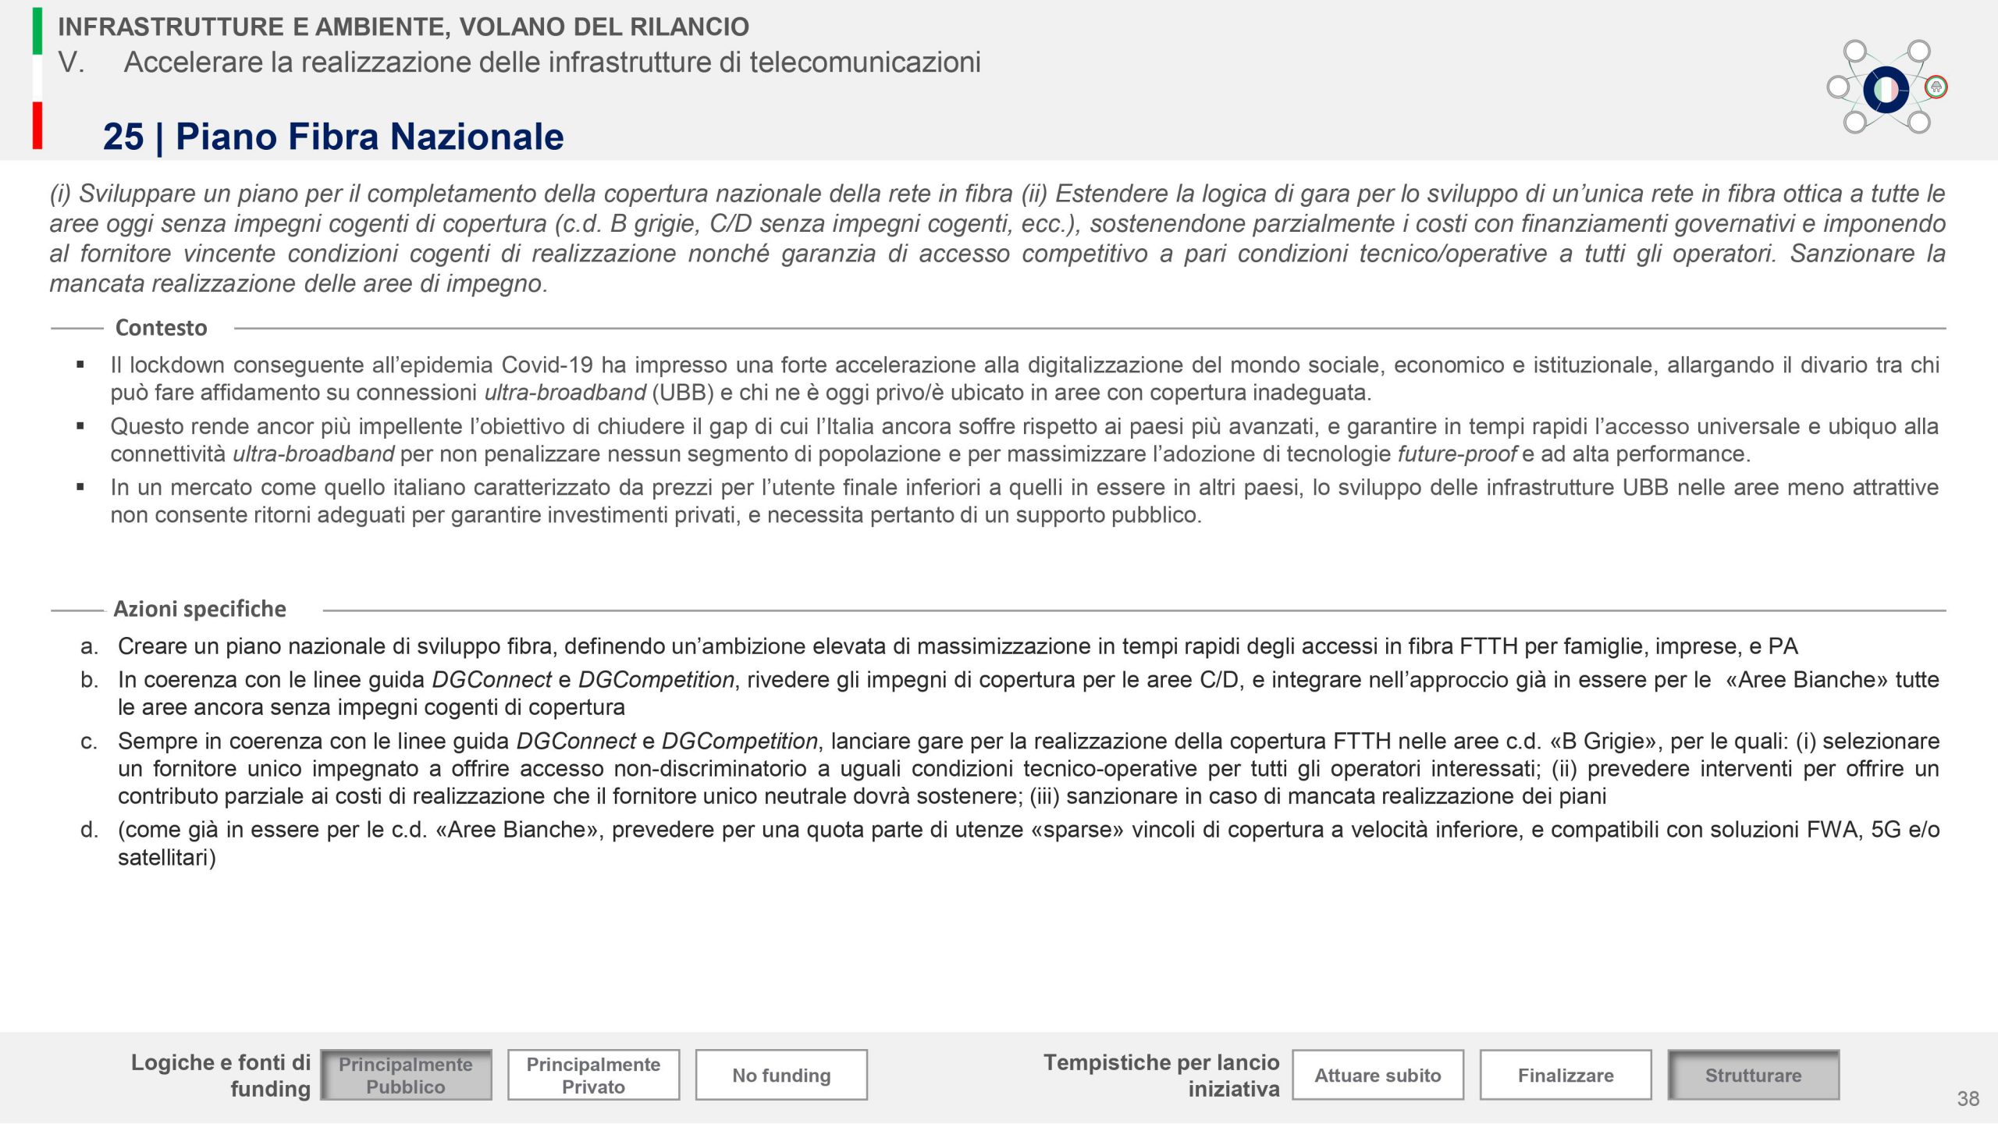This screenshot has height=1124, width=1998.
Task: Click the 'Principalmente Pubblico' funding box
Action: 406,1075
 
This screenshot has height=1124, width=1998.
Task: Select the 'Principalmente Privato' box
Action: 593,1075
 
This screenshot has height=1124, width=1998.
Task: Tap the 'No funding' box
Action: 781,1075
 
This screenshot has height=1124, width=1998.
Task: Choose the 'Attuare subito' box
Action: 1378,1075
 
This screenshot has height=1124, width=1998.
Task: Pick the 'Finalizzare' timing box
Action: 1566,1075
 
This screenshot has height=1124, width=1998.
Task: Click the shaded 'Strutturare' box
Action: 1753,1075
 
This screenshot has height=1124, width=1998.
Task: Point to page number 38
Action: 1968,1099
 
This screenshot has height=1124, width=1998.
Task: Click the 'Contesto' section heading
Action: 161,328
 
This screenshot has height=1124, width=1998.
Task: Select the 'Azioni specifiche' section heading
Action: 200,609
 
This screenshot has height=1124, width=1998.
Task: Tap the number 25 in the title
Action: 123,137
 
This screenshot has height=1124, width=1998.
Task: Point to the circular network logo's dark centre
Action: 1886,89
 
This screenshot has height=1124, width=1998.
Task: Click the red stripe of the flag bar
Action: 37,125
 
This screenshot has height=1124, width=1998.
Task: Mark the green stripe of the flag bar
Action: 37,31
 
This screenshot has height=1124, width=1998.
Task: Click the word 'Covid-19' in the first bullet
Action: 546,365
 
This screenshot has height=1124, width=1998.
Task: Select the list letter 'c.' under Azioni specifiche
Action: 89,741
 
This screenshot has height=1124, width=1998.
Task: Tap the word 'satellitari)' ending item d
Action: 166,858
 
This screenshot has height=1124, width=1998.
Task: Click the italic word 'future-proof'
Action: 1456,454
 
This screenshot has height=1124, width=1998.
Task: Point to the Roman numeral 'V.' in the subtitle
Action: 71,62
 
